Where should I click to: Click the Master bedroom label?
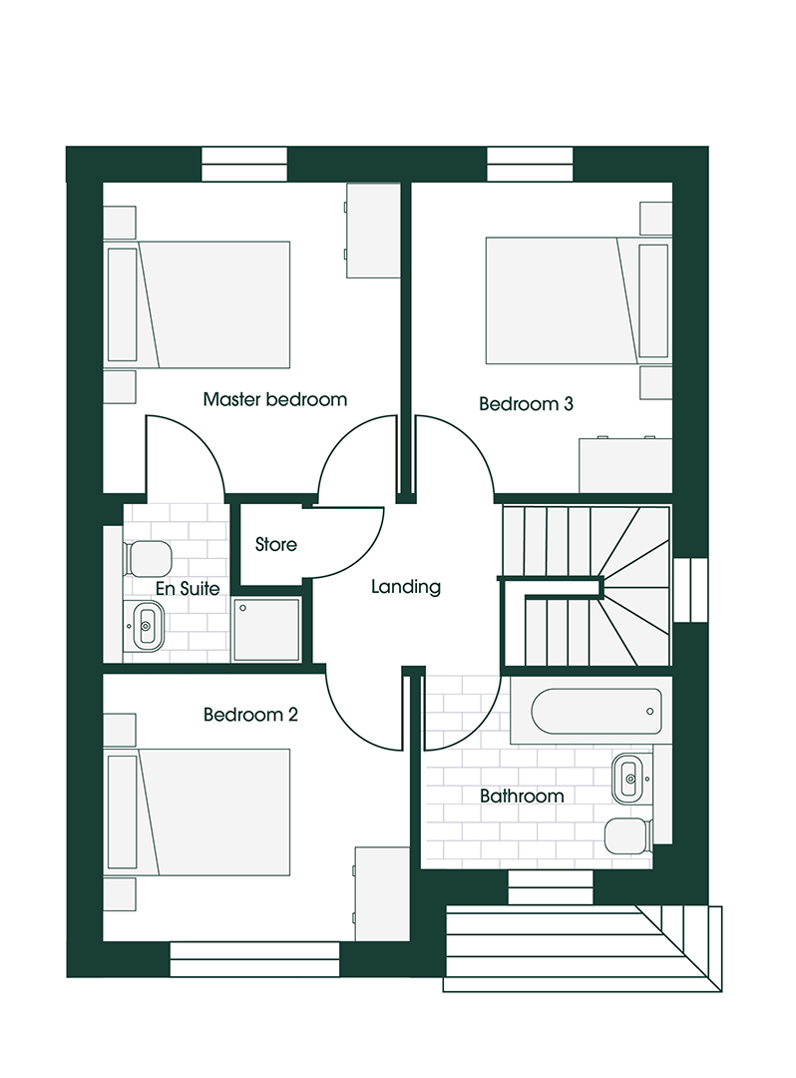click(x=274, y=399)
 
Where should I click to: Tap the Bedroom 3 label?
click(x=526, y=403)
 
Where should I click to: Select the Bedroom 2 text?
click(x=250, y=715)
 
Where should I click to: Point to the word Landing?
click(x=406, y=587)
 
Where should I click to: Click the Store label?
click(x=276, y=545)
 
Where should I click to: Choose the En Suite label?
click(x=188, y=589)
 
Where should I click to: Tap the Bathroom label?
click(x=522, y=797)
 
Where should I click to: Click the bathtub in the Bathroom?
click(x=591, y=711)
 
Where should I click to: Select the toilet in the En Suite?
click(x=148, y=558)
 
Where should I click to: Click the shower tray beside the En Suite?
click(x=266, y=630)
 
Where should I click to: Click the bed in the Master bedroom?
click(x=197, y=304)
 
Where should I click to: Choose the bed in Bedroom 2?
click(x=197, y=812)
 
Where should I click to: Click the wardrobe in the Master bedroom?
click(x=373, y=231)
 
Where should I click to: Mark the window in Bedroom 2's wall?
click(x=254, y=959)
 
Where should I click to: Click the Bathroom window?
click(x=551, y=887)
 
